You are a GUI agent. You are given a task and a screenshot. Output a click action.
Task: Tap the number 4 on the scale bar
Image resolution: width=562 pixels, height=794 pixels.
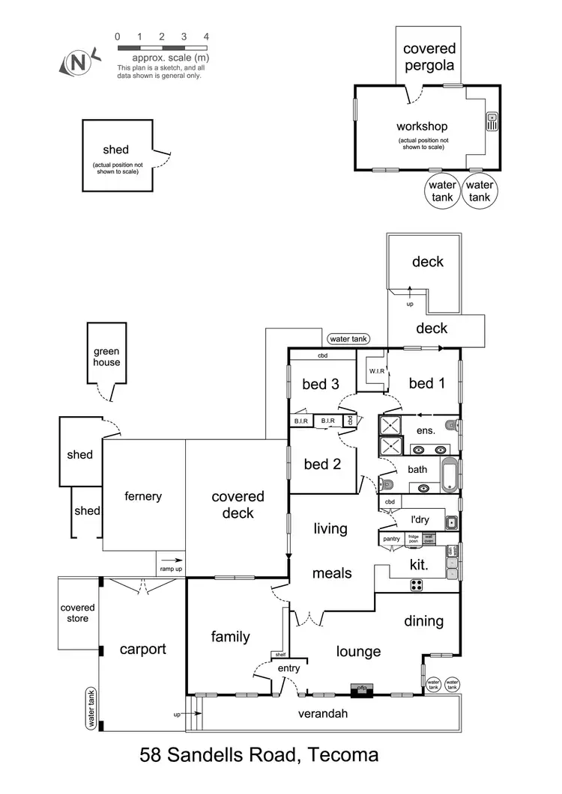pyautogui.click(x=205, y=36)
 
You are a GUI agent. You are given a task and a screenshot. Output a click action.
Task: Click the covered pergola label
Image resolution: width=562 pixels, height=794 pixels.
pyautogui.click(x=429, y=57)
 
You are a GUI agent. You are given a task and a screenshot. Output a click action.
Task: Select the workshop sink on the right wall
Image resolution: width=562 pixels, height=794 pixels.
pyautogui.click(x=492, y=121)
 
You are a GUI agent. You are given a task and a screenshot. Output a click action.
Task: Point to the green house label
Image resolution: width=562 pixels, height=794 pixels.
pyautogui.click(x=106, y=357)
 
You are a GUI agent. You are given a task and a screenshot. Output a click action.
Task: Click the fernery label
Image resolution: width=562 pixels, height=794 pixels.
pyautogui.click(x=143, y=496)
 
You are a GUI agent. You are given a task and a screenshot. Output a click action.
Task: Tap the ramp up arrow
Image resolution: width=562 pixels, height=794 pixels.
pyautogui.click(x=172, y=558)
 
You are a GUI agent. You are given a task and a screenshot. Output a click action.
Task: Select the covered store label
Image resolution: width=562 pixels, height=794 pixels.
pyautogui.click(x=78, y=613)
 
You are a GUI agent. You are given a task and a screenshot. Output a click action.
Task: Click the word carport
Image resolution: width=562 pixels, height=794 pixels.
pyautogui.click(x=142, y=649)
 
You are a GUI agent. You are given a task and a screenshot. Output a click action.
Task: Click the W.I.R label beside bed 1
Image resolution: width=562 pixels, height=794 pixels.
pyautogui.click(x=376, y=370)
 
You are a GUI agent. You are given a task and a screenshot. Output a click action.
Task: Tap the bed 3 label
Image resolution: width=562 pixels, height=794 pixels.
pyautogui.click(x=321, y=384)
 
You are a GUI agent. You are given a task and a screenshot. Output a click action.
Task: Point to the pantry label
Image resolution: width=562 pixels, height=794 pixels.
pyautogui.click(x=392, y=538)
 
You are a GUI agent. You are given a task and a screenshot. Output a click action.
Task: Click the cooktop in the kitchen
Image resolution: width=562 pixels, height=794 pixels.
pyautogui.click(x=417, y=585)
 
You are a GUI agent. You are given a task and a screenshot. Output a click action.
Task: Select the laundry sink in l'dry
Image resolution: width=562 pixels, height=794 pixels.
pyautogui.click(x=451, y=522)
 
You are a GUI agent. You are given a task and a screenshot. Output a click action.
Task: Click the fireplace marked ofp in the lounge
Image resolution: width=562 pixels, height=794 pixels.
pyautogui.click(x=361, y=688)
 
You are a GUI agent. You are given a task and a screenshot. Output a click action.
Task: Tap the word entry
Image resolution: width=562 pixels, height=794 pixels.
pyautogui.click(x=288, y=668)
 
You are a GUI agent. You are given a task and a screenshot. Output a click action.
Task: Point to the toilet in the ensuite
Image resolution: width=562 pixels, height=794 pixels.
pyautogui.click(x=450, y=425)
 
